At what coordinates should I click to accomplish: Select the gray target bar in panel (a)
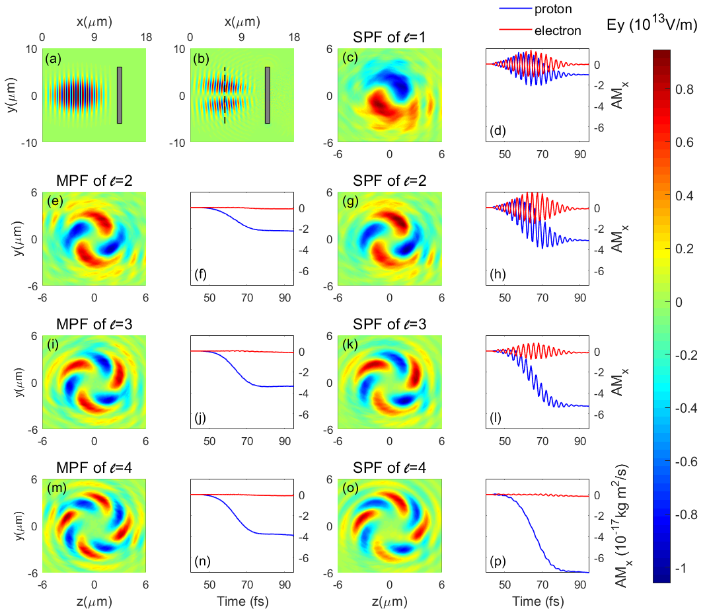click(x=120, y=95)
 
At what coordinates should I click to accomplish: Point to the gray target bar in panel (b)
click(x=268, y=95)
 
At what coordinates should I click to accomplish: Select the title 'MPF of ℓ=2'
click(x=94, y=179)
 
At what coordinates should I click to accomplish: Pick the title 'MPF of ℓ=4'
click(x=94, y=469)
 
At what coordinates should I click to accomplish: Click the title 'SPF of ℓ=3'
click(x=389, y=324)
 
